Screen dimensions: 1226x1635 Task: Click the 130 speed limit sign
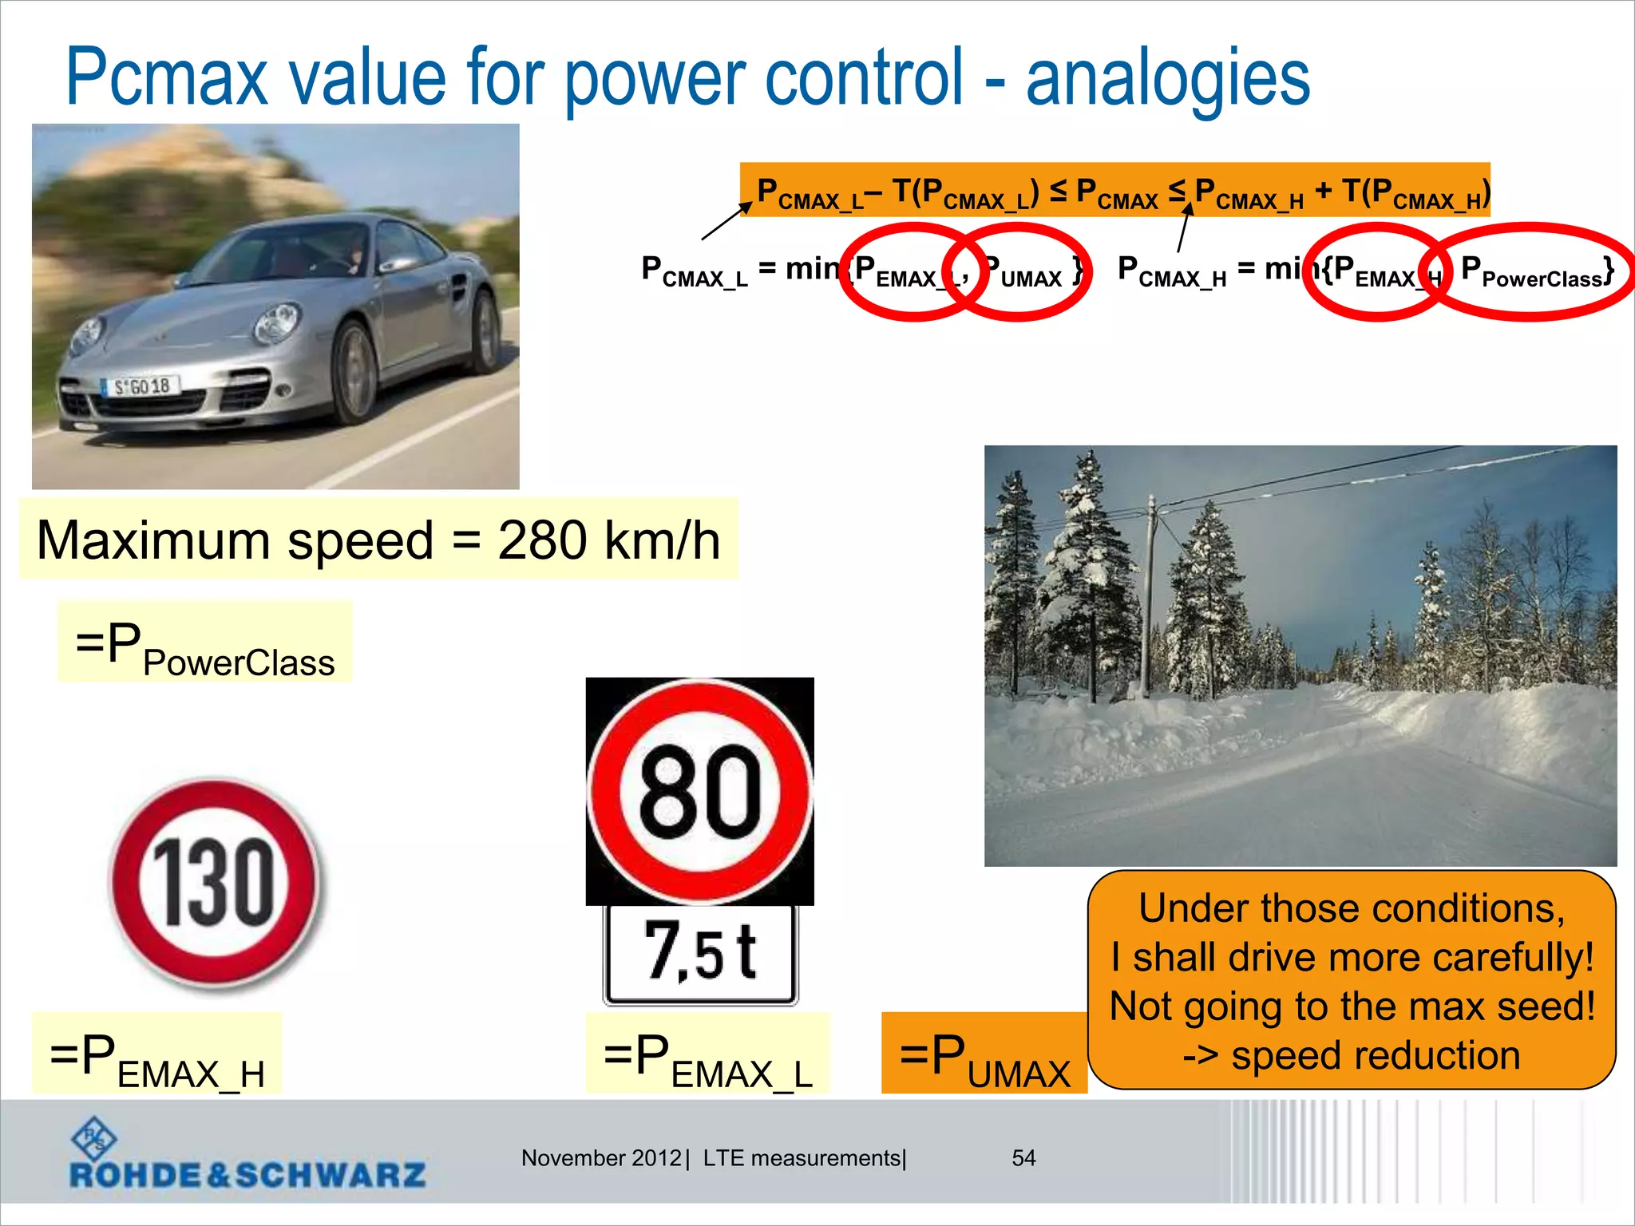214,884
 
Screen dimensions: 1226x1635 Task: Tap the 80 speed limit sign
700,791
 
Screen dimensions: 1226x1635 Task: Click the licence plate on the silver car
142,387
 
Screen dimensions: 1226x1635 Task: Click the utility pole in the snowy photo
1150,591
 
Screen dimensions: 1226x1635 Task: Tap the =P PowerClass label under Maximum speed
205,643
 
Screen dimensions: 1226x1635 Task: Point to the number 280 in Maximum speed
543,540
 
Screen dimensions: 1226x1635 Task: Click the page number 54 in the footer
1023,1157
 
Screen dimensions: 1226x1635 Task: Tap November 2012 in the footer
600,1157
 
